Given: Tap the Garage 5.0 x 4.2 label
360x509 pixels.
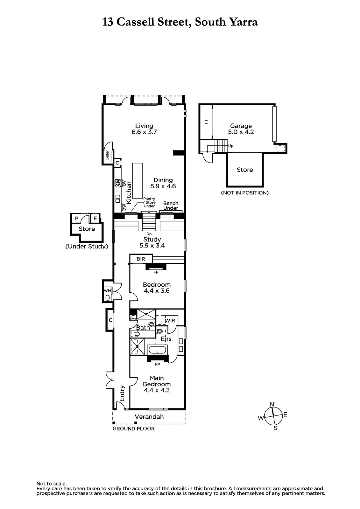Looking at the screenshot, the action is [241, 129].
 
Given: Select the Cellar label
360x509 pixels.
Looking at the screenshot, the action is [107, 155].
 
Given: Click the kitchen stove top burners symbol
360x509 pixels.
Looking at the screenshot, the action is [118, 183].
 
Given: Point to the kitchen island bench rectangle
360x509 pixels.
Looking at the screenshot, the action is [138, 181].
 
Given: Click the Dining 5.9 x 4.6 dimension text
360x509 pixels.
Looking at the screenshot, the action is [163, 186].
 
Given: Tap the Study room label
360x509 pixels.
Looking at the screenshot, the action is [152, 239].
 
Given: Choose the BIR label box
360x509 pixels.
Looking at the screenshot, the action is [141, 259].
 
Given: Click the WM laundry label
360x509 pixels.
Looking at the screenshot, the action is [107, 290].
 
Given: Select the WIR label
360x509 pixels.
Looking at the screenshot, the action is [170, 321].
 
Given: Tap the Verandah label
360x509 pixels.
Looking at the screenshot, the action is [149, 417].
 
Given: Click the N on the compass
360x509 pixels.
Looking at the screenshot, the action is [272, 404].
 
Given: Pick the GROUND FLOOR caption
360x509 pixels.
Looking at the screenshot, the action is [133, 429].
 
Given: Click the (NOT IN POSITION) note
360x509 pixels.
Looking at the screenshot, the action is [245, 193].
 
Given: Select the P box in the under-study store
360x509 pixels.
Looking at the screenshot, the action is [77, 219].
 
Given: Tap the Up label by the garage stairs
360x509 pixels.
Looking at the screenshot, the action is [230, 146].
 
